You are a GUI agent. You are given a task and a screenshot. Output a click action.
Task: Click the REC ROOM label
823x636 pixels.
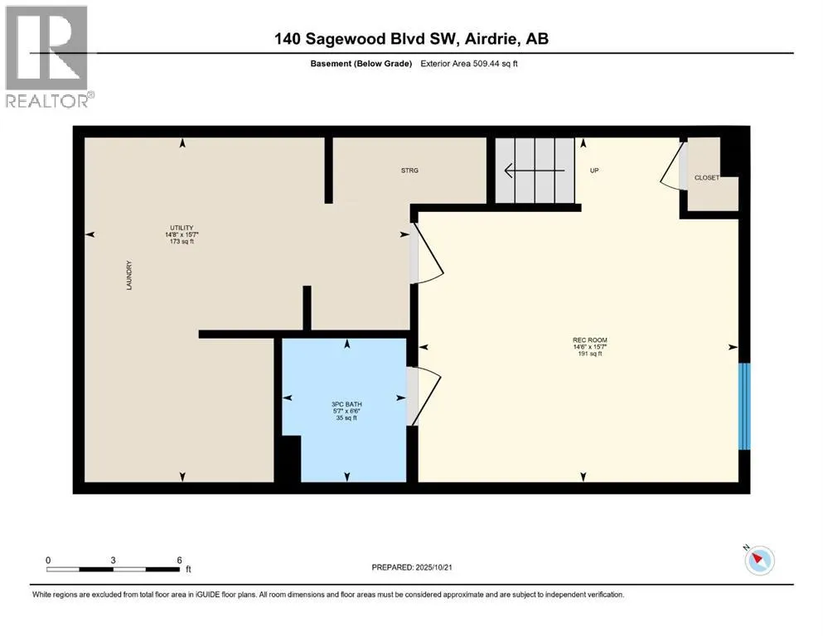click(583, 340)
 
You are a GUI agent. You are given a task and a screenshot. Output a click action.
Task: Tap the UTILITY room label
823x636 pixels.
click(182, 228)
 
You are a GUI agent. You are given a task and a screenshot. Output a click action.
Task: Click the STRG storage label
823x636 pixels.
click(409, 171)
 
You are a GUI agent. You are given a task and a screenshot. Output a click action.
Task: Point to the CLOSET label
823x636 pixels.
click(707, 178)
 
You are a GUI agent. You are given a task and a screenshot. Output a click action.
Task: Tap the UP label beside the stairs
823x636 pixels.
click(593, 171)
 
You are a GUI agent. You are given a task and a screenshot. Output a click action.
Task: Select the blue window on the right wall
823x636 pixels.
click(744, 406)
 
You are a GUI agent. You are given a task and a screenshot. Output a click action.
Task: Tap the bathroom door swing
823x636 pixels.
click(423, 396)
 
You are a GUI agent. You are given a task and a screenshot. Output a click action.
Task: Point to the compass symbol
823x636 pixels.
click(759, 561)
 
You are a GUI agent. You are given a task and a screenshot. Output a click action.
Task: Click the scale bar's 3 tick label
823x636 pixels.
click(113, 560)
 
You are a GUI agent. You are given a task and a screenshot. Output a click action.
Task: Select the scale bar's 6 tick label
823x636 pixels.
click(179, 560)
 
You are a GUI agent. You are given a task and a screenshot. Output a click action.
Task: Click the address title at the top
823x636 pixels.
click(412, 39)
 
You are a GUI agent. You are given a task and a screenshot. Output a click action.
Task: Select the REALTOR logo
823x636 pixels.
click(47, 56)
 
